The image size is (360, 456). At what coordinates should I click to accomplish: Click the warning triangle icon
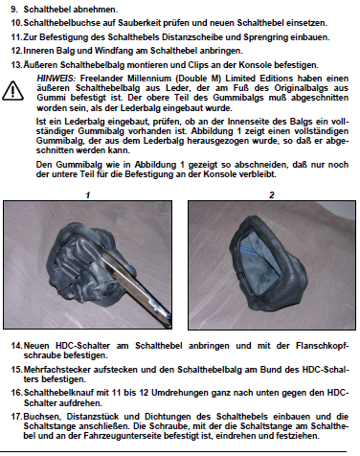pyautogui.click(x=12, y=91)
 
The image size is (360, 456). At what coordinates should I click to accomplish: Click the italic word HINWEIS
pyautogui.click(x=56, y=79)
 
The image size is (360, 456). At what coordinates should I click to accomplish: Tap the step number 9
pyautogui.click(x=13, y=10)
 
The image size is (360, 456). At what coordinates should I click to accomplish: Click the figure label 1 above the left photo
pyautogui.click(x=88, y=194)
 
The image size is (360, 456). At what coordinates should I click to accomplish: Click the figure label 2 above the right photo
pyautogui.click(x=272, y=194)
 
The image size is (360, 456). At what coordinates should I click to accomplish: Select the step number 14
pyautogui.click(x=16, y=346)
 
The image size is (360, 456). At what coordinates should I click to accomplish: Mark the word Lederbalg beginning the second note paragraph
pyautogui.click(x=84, y=122)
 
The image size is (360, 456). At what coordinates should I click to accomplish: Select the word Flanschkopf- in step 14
pyautogui.click(x=323, y=346)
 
